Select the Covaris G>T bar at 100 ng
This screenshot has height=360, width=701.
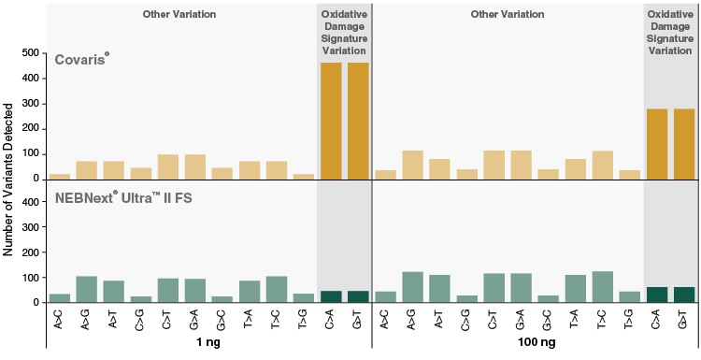click(685, 143)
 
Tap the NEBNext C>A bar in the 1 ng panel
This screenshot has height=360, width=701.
click(331, 296)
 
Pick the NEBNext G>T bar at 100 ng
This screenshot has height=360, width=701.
click(685, 295)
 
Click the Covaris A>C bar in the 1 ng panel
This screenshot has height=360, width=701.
click(60, 176)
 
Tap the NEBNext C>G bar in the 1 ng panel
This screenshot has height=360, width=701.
click(141, 299)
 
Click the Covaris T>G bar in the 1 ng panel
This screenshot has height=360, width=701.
click(304, 176)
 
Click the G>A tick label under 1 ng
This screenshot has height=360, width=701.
click(195, 320)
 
